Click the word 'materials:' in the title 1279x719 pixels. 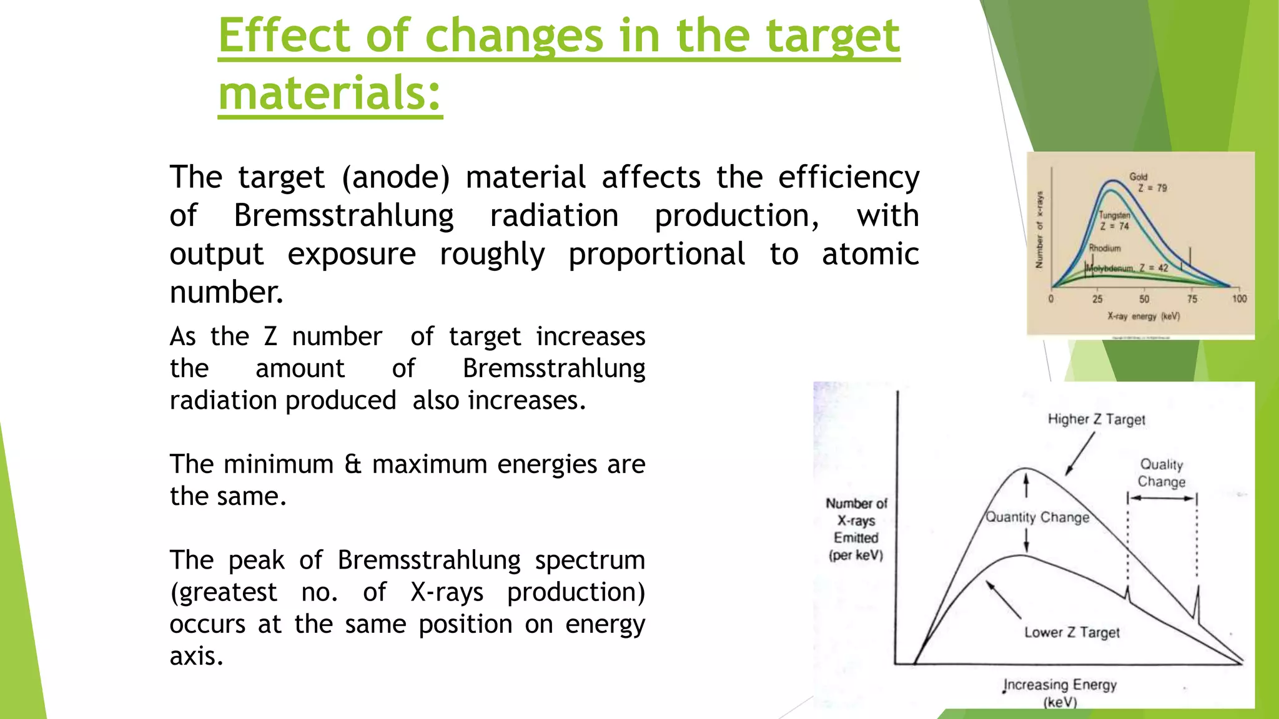pos(330,92)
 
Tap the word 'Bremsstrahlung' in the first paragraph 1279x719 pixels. pos(343,216)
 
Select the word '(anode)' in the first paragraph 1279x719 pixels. pos(395,177)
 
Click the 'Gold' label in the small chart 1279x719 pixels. pos(1138,177)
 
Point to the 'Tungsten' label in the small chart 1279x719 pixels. pos(1114,215)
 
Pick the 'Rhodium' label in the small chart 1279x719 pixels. pos(1105,248)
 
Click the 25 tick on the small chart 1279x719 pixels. pos(1097,299)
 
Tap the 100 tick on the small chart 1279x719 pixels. pos(1239,299)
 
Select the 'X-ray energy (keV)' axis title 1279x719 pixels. pos(1143,316)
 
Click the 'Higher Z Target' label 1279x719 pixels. pos(1096,419)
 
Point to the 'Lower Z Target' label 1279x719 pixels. pos(1072,632)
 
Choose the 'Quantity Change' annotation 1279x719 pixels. pos(1037,517)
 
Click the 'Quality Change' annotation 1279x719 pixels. pos(1161,473)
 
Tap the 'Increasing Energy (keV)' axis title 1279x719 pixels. pos(1060,692)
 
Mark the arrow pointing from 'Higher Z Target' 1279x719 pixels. pos(1080,454)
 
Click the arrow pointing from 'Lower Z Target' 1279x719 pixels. pos(1004,600)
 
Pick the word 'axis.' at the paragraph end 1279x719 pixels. pos(196,656)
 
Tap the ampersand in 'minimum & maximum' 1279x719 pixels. pos(353,464)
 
